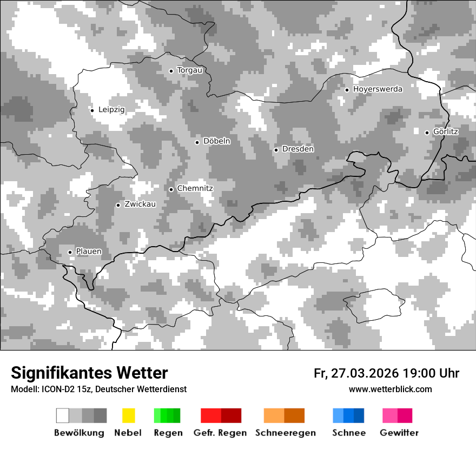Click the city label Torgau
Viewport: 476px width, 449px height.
tap(190, 70)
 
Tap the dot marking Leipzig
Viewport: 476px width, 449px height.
tap(92, 110)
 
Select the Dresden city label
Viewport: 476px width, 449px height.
tap(298, 149)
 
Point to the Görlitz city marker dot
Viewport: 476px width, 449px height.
tap(427, 133)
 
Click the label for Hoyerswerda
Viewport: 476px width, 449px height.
tap(378, 89)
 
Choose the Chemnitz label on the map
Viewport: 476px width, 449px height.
tap(195, 189)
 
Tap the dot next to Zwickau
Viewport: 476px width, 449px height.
tap(118, 205)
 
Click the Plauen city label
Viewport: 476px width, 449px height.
tap(89, 252)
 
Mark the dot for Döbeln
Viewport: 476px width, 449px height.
tap(197, 142)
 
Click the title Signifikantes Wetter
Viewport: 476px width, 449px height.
tap(89, 373)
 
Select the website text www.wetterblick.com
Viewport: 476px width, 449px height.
tap(391, 389)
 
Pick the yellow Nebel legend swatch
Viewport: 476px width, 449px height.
tap(128, 415)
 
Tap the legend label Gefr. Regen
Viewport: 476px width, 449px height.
tap(220, 433)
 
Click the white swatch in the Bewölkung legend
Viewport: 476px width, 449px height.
tap(63, 415)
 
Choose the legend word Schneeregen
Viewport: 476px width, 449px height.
tap(286, 433)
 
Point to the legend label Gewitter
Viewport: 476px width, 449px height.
tap(399, 433)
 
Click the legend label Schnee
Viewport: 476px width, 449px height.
tap(349, 433)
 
